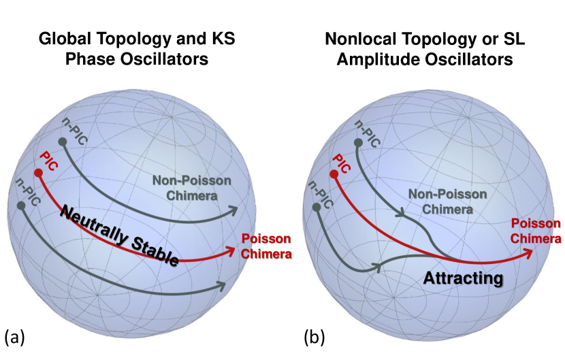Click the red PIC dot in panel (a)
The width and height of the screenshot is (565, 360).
(38, 174)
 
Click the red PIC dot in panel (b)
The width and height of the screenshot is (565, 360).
(334, 175)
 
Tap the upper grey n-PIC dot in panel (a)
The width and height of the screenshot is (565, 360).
(62, 142)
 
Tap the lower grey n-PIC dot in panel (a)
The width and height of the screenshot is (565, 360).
(21, 205)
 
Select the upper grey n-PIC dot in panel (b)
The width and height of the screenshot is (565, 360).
(357, 144)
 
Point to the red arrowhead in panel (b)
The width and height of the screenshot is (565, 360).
(529, 252)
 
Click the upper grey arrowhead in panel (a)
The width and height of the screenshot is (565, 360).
(234, 208)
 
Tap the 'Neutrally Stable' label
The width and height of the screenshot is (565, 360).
(120, 235)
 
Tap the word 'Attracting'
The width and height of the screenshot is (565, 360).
(463, 278)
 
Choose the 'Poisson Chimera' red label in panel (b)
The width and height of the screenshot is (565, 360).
(536, 231)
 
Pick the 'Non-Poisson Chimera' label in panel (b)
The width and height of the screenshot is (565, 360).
(447, 201)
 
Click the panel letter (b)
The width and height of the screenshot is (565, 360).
(312, 336)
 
